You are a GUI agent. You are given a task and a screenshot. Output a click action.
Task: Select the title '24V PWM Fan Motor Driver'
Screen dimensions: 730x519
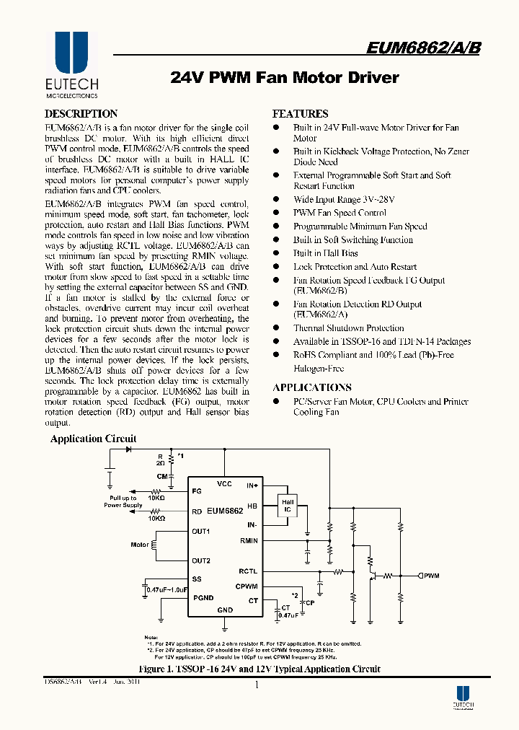(285, 77)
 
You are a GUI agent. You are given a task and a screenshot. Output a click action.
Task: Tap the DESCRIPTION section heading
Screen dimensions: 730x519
(81, 114)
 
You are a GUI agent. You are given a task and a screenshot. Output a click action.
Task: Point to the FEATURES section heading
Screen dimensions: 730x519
(300, 114)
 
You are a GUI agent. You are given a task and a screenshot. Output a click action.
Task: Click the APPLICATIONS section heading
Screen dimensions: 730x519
(312, 387)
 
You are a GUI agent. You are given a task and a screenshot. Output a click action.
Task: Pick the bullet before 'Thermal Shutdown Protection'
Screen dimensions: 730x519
(275, 328)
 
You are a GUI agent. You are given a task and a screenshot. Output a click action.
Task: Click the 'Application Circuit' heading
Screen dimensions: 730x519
(93, 439)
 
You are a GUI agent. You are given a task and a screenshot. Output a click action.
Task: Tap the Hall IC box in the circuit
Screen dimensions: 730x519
(288, 505)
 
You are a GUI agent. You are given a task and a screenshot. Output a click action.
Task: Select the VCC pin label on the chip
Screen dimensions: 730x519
(224, 484)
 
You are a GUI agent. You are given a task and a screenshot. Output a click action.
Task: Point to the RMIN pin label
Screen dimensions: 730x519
(249, 540)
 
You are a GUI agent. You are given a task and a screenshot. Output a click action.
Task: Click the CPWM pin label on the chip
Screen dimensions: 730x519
(247, 586)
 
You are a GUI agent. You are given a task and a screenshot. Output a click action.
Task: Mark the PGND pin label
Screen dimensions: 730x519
(203, 598)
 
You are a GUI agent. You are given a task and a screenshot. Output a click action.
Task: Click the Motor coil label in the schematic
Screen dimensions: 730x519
(140, 545)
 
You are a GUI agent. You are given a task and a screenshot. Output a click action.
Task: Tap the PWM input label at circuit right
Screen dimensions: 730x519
(431, 576)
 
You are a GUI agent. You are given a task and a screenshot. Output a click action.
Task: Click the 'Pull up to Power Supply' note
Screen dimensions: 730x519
(123, 502)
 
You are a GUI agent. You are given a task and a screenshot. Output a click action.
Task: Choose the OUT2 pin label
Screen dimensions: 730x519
(201, 560)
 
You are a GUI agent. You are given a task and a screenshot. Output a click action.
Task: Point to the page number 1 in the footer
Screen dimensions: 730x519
(257, 685)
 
